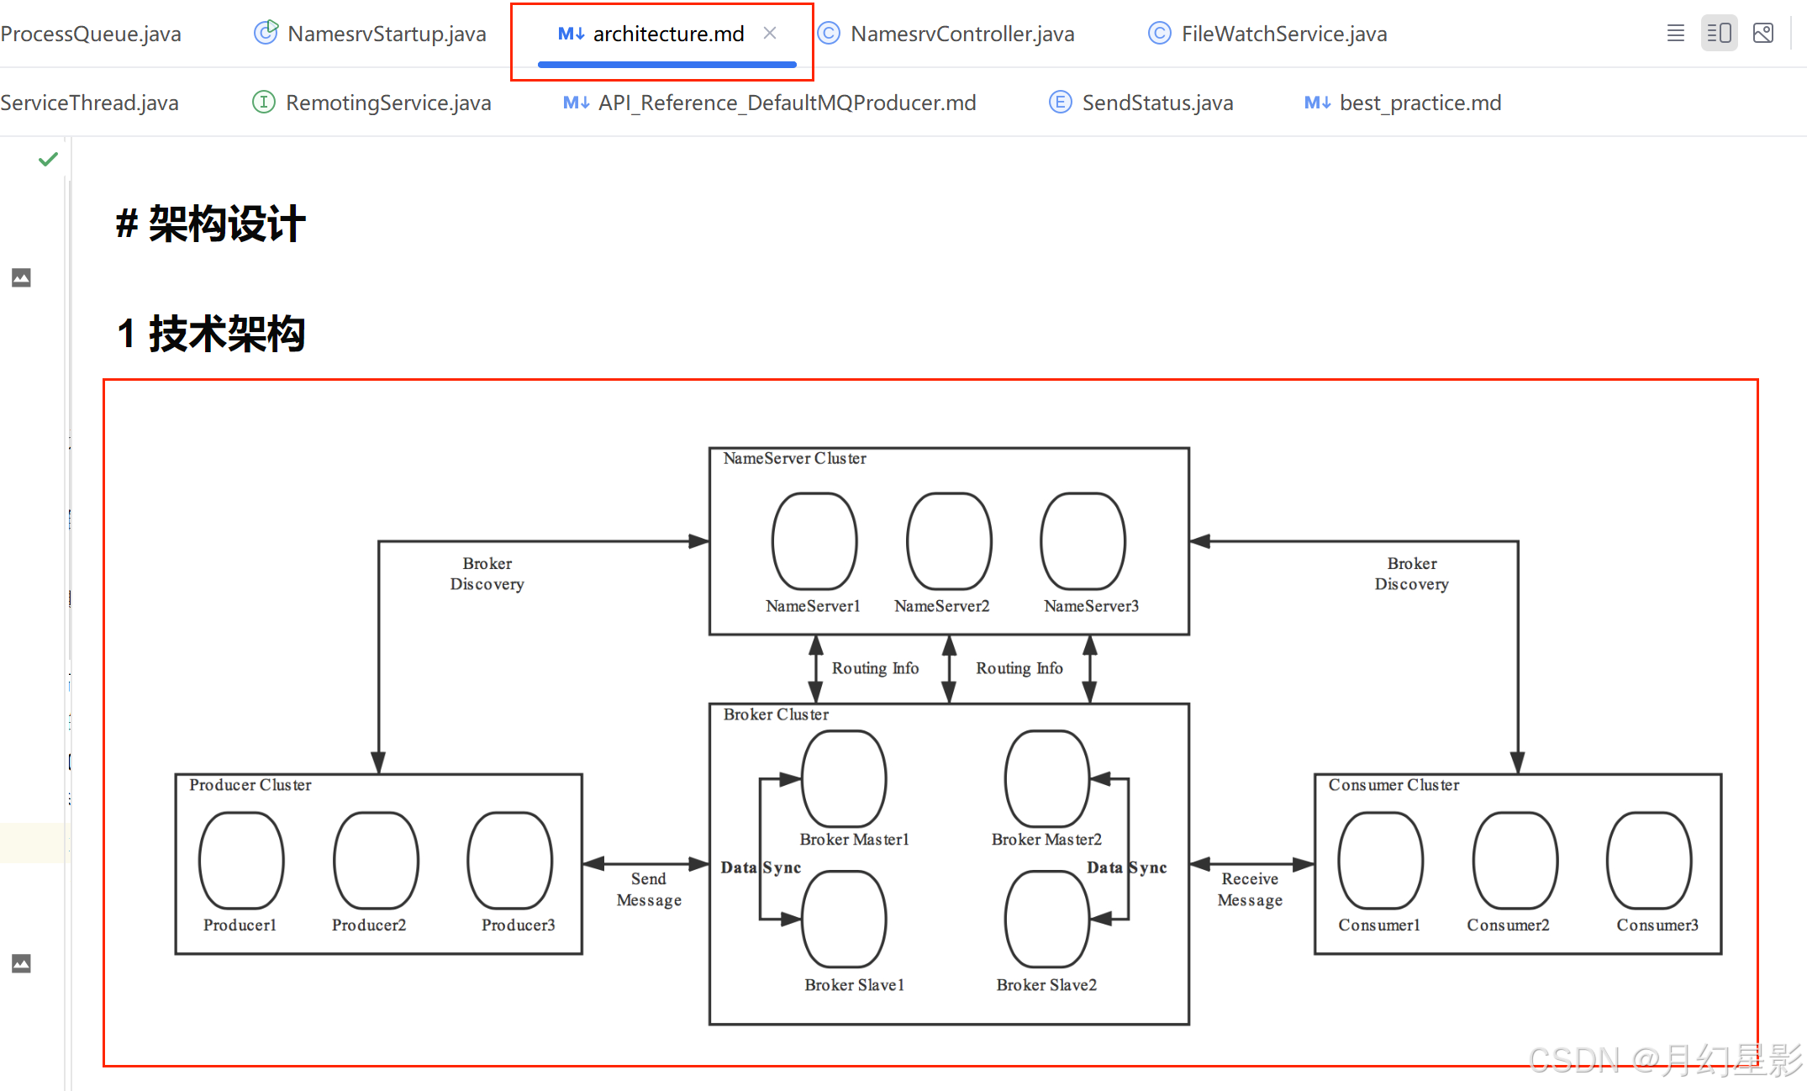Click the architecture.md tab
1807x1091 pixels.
coord(667,34)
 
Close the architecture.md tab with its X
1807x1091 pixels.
coord(770,34)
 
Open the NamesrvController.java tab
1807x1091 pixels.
coord(961,34)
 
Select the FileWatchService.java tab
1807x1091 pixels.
coord(1283,34)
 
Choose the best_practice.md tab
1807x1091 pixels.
coord(1420,103)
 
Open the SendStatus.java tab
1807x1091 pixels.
coord(1156,103)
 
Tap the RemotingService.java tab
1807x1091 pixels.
coord(387,103)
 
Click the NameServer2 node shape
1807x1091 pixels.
coord(949,541)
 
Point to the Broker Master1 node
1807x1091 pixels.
coord(844,779)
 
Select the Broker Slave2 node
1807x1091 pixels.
coord(1047,920)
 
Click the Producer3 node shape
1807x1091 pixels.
coord(510,861)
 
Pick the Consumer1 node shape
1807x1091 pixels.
coord(1380,861)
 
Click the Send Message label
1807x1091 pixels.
coord(649,889)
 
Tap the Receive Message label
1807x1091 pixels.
coord(1250,889)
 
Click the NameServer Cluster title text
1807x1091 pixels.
coord(794,459)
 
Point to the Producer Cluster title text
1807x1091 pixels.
coord(250,785)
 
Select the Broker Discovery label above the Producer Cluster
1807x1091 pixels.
coord(487,574)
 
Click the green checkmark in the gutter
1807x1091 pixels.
coord(48,159)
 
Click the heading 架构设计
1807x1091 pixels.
coord(226,224)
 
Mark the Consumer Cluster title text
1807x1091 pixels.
coord(1393,785)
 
